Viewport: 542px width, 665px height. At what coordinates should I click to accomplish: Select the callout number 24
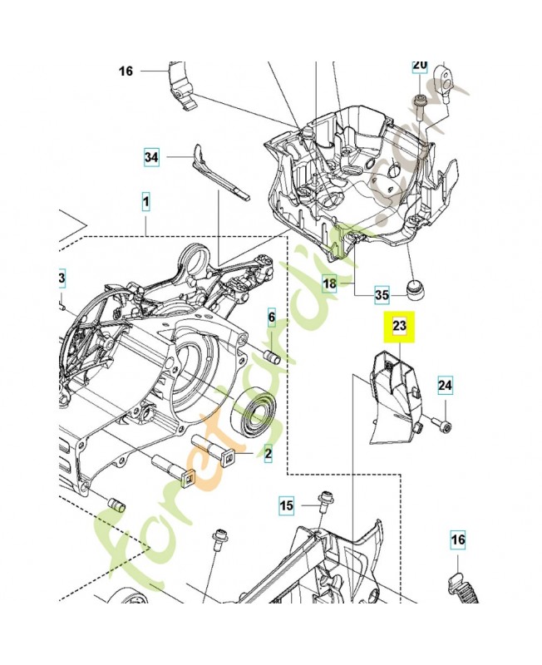coord(446,385)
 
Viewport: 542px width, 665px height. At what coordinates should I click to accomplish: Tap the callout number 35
coord(382,293)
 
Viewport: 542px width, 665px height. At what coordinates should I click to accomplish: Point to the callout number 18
coord(330,283)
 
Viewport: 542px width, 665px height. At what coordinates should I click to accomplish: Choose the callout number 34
coord(150,156)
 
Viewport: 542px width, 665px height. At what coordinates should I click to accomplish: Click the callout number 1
coord(145,201)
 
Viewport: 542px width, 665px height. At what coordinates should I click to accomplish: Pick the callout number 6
coord(271,318)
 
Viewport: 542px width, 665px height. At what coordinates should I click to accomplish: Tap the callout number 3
coord(62,278)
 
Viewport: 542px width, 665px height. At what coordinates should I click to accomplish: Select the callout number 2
coord(269,453)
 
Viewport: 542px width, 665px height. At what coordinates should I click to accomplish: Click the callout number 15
coord(286,505)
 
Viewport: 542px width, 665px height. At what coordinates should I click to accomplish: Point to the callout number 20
coord(420,65)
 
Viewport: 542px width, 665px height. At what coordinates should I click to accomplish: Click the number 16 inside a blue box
coord(458,540)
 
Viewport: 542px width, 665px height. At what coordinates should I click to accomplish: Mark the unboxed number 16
coord(126,71)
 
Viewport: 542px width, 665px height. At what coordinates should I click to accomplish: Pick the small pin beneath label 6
coord(270,356)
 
